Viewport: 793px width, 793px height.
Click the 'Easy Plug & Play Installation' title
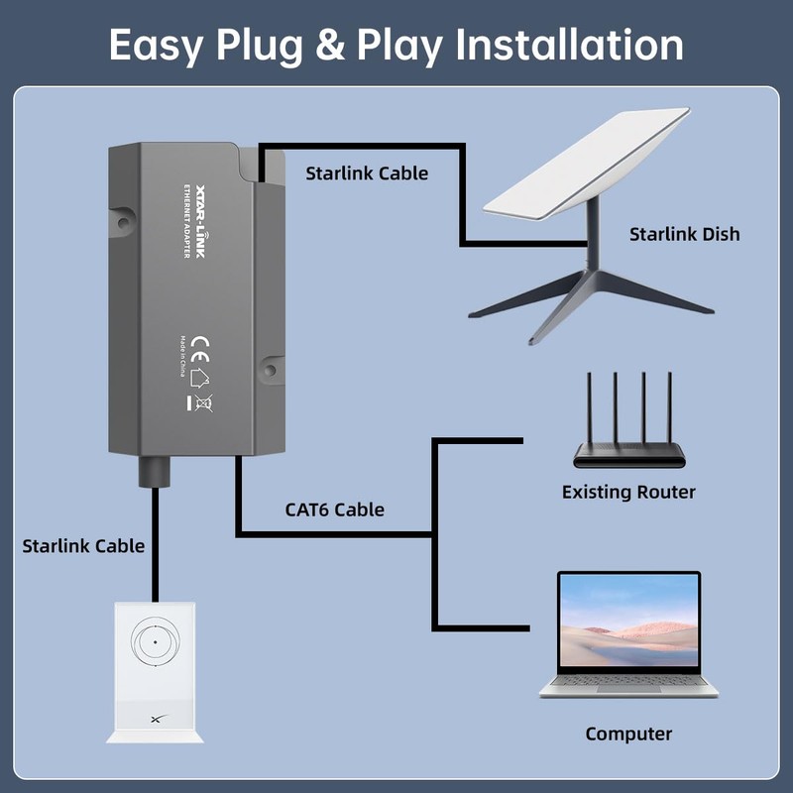click(396, 45)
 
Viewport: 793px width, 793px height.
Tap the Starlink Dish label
click(684, 235)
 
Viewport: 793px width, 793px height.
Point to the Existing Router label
click(628, 492)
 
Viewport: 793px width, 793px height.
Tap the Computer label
click(628, 734)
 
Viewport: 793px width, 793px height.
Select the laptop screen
click(628, 623)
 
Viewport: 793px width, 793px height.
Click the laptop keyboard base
click(628, 687)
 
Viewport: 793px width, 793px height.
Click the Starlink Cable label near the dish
click(367, 173)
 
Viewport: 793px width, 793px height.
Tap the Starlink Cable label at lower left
click(83, 545)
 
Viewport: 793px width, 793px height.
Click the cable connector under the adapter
click(154, 470)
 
